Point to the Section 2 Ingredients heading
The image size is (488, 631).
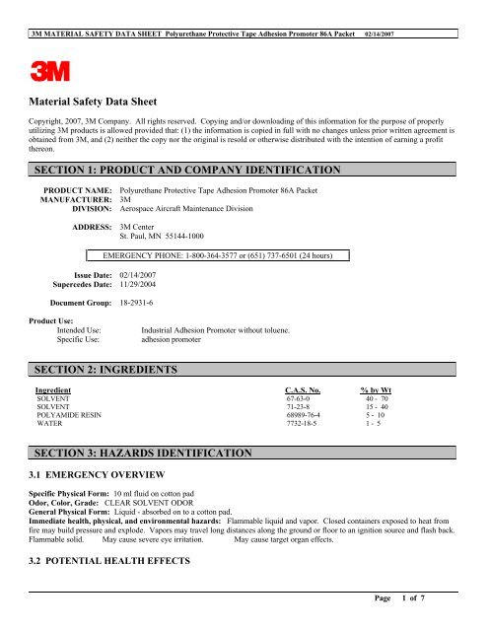[x=105, y=369]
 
